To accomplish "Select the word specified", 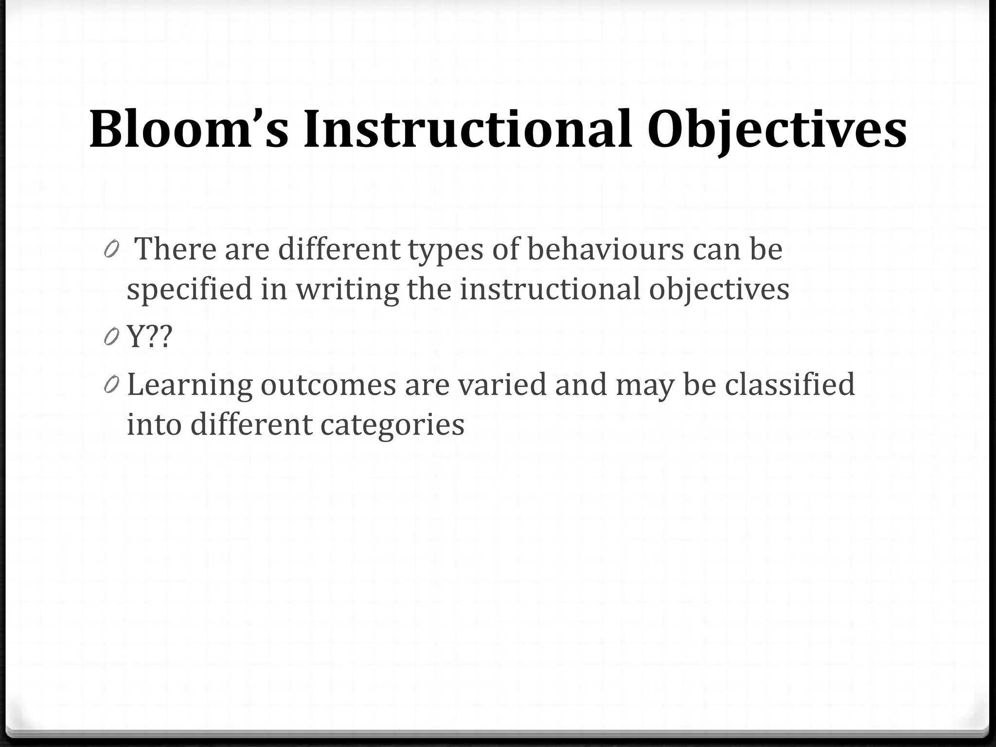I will click(190, 289).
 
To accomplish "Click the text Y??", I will click(150, 337).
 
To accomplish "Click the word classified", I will click(789, 384).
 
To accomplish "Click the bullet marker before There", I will click(111, 249).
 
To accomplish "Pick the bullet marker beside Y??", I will click(111, 337).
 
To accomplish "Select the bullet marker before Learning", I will click(111, 385).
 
